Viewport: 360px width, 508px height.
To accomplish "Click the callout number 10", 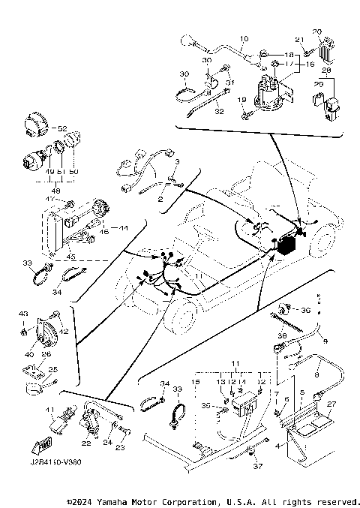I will [243, 38].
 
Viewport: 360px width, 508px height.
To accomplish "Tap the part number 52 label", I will [63, 128].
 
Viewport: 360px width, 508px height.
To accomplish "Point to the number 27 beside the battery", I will [332, 404].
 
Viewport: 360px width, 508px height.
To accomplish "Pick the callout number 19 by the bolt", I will [241, 100].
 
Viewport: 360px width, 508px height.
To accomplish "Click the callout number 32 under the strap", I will [220, 110].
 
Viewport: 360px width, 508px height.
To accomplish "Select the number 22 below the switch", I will [86, 443].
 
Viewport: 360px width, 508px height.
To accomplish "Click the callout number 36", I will [305, 309].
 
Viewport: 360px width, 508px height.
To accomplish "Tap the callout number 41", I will [51, 410].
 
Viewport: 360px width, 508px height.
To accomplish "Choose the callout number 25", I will [52, 369].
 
